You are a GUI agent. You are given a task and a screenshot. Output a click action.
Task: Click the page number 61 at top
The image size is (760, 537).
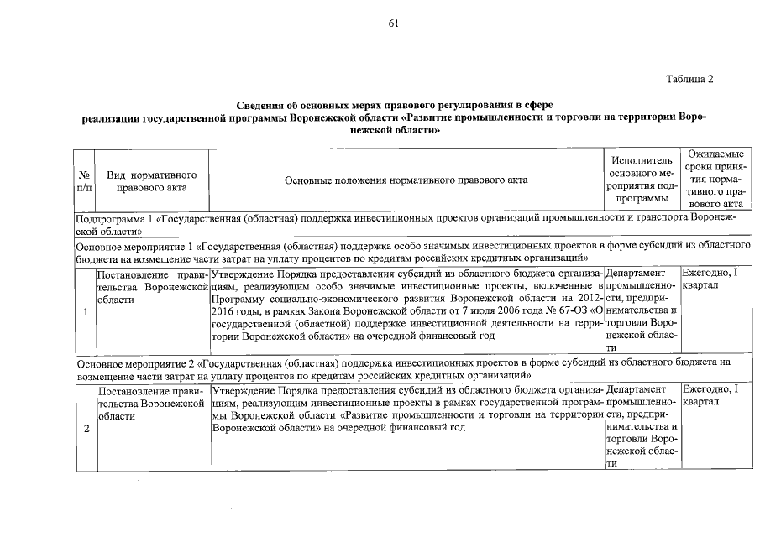pos(392,23)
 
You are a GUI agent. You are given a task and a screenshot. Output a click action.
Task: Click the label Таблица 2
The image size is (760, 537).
pos(689,80)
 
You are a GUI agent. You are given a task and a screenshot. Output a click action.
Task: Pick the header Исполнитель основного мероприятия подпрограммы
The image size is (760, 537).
pos(642,180)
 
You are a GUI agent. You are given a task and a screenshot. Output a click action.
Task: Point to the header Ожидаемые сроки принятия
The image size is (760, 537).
pos(715,180)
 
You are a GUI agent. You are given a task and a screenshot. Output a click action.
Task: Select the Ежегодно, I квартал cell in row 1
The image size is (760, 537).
pos(711,279)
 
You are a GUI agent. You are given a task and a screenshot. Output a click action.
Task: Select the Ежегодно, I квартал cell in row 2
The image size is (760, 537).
pos(711,396)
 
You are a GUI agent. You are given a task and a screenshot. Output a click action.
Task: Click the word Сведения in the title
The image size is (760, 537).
pos(261,106)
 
